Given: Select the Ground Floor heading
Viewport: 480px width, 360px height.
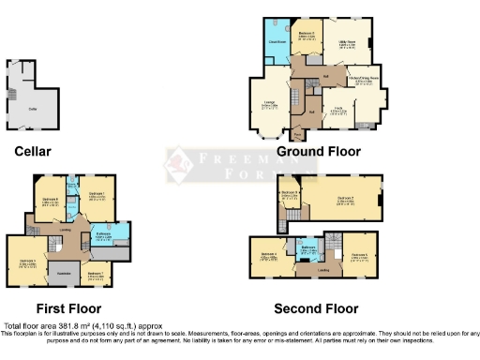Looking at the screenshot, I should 318,151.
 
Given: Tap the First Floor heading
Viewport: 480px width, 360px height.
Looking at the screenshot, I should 68,308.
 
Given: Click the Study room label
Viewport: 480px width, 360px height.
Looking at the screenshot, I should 338,111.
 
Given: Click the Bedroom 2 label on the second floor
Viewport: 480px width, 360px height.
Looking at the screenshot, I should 343,199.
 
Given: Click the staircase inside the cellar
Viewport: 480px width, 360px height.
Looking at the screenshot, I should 18,94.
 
